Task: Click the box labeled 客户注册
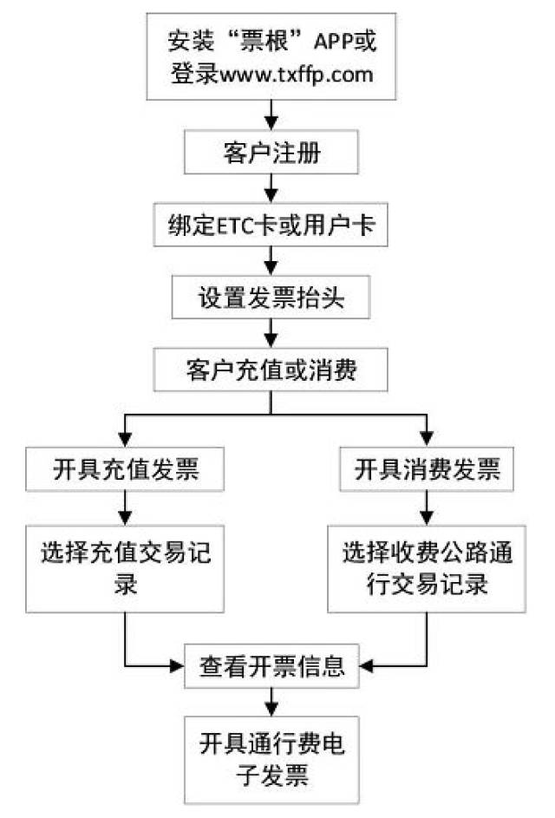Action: point(271,153)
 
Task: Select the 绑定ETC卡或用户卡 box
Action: point(271,225)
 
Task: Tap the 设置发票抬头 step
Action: point(271,298)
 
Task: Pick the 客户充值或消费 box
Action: point(271,370)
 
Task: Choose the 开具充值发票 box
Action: point(125,469)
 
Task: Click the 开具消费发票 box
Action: point(427,469)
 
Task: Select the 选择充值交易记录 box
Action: point(125,569)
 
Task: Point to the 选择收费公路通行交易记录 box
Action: point(427,569)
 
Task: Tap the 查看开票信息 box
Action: point(271,666)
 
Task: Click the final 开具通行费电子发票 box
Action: point(271,760)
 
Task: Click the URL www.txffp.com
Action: point(297,75)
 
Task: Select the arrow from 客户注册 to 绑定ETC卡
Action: point(271,189)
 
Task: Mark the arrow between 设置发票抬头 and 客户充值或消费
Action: point(271,334)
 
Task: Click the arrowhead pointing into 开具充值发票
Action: point(125,439)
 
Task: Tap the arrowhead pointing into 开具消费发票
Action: point(427,439)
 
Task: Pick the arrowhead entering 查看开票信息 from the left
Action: point(177,666)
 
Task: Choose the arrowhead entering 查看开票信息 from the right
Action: point(366,666)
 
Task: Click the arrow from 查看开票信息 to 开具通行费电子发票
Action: point(271,702)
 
